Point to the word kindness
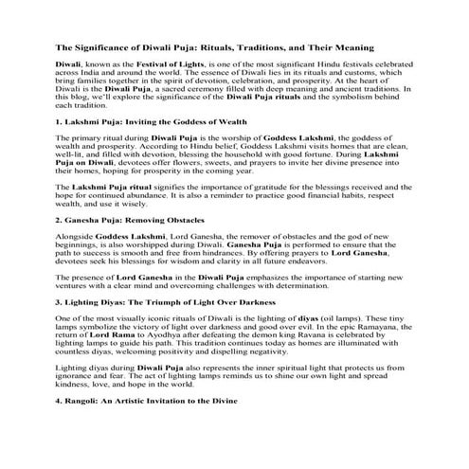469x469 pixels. click(x=74, y=385)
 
